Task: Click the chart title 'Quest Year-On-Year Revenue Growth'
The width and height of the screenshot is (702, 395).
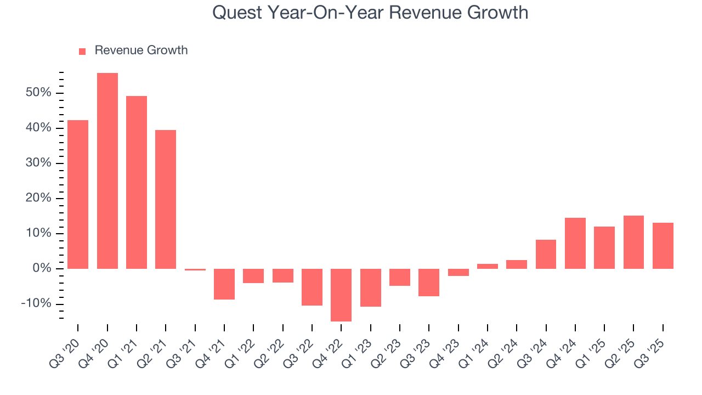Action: click(x=370, y=12)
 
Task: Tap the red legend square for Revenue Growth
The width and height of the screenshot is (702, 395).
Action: click(x=82, y=51)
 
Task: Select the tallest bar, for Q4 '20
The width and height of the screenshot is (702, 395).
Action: click(x=107, y=171)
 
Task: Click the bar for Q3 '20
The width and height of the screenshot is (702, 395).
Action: click(x=78, y=194)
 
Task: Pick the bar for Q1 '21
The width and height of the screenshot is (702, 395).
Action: click(x=137, y=182)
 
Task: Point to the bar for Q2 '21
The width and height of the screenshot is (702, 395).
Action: click(x=166, y=199)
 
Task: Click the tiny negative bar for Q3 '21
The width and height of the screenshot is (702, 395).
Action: click(x=195, y=269)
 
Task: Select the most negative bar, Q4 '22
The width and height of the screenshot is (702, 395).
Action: click(x=341, y=295)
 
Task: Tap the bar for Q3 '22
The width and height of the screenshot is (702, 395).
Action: click(x=312, y=287)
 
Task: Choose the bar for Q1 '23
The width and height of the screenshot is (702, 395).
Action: click(x=370, y=287)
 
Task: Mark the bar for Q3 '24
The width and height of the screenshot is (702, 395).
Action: click(x=546, y=254)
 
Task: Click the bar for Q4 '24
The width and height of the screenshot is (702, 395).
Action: click(x=575, y=243)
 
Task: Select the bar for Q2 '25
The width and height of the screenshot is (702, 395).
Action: click(x=633, y=242)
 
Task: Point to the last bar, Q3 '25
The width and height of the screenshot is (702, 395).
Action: click(x=663, y=245)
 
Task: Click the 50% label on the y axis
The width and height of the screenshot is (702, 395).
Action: click(x=38, y=93)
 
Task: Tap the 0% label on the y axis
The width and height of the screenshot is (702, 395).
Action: click(x=42, y=269)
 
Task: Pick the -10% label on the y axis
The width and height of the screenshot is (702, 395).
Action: click(x=36, y=304)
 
